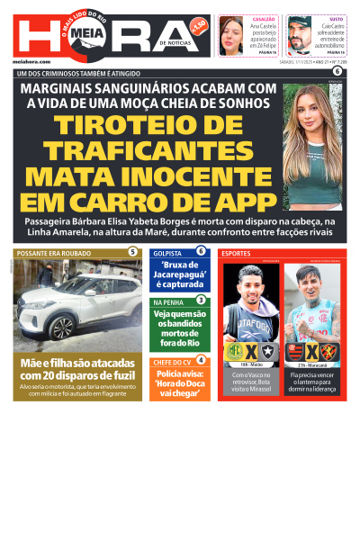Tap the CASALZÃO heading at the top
[x=264, y=18]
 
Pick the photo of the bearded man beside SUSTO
[x=300, y=36]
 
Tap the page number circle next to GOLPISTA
[x=201, y=251]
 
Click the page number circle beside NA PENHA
[x=201, y=300]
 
